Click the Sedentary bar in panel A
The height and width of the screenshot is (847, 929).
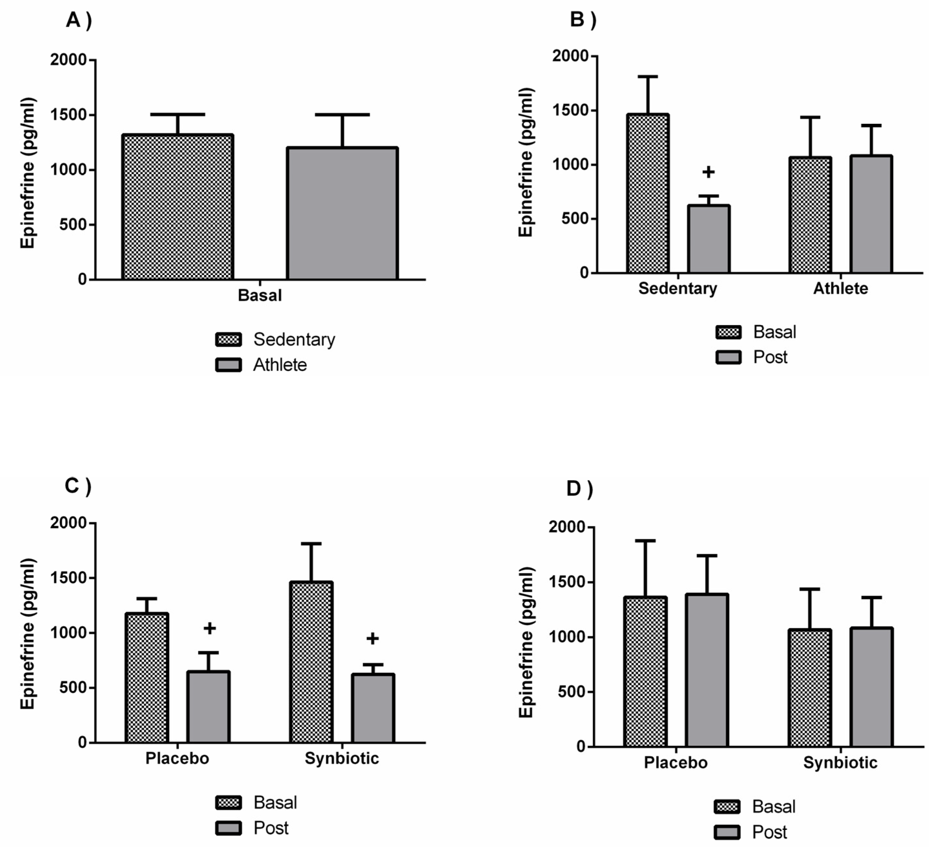click(177, 207)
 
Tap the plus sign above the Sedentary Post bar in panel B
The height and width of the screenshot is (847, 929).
click(708, 172)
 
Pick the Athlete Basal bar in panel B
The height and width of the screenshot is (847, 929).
click(810, 215)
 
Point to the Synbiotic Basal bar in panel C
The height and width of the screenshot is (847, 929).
click(311, 662)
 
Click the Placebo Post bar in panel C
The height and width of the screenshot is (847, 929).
click(208, 707)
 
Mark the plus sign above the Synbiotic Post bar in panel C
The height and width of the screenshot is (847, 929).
click(372, 639)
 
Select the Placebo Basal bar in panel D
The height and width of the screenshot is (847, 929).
click(645, 672)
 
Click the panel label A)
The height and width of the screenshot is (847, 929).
click(79, 20)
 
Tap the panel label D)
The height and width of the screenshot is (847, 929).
click(579, 489)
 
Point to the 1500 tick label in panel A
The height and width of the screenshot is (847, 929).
click(68, 115)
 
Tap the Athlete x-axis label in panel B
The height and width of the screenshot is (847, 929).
click(840, 289)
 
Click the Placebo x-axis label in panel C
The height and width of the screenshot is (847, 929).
click(177, 758)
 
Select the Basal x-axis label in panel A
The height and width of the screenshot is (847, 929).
click(259, 296)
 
